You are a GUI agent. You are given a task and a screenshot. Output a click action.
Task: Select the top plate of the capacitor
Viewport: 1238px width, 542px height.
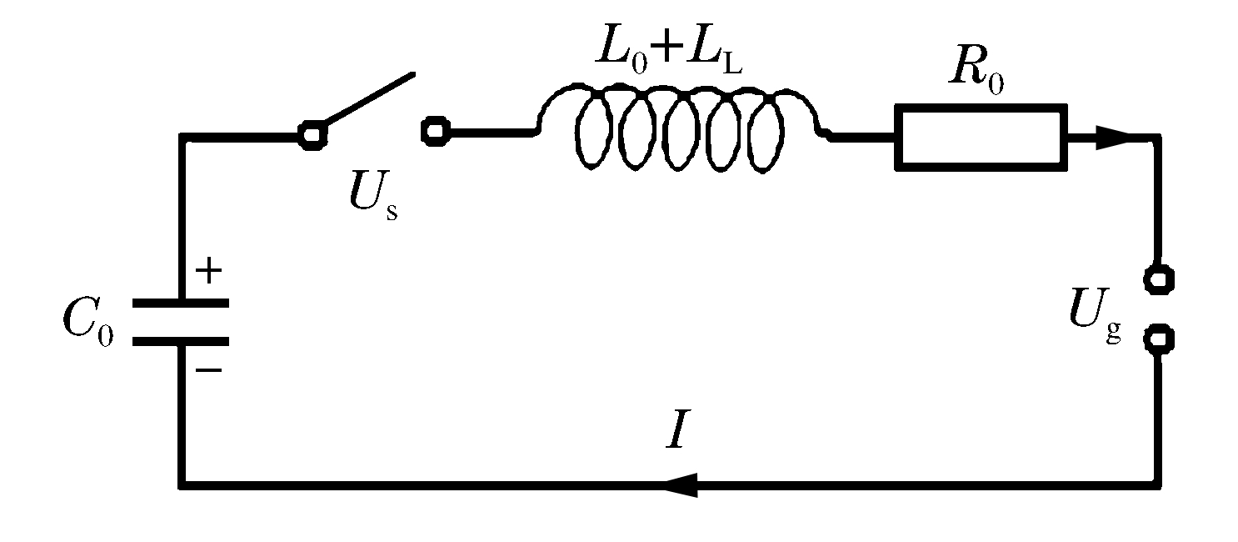(181, 304)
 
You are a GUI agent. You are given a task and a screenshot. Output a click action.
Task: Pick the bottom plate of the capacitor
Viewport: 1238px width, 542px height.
(181, 340)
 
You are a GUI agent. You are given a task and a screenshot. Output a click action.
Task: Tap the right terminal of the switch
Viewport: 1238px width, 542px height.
(436, 132)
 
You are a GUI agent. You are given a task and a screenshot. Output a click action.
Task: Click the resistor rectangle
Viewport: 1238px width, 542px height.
(981, 137)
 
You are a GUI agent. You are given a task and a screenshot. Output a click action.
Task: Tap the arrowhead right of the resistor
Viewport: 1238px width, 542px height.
(1112, 138)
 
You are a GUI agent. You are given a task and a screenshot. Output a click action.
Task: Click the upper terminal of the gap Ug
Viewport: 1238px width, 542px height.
(1157, 278)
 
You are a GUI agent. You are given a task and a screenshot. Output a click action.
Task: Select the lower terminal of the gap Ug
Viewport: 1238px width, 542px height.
(1157, 339)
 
